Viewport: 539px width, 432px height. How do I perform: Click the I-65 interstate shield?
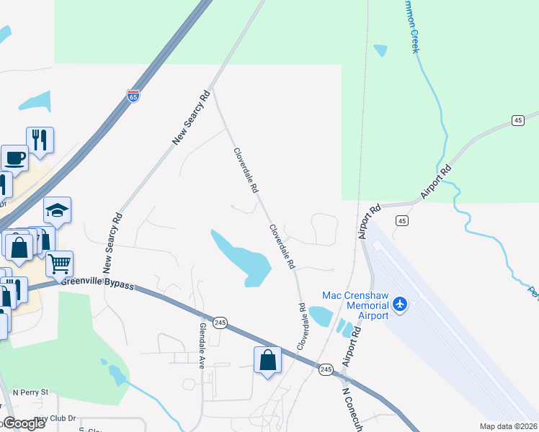[x=133, y=96]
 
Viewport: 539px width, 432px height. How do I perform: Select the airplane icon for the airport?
[x=400, y=305]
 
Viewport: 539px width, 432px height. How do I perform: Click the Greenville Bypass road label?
[x=97, y=284]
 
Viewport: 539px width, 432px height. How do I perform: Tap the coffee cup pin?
[x=14, y=158]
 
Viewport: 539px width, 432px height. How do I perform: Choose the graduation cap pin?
[x=57, y=210]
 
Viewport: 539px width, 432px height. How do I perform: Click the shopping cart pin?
[x=60, y=263]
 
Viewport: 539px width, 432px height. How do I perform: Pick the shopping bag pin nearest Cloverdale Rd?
[x=267, y=361]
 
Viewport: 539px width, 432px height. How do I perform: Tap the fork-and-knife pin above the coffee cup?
[x=40, y=140]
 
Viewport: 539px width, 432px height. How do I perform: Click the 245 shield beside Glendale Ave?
[x=220, y=323]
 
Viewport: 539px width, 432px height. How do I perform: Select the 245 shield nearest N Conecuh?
[x=326, y=369]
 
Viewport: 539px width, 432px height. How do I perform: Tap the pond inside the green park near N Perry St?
[x=115, y=374]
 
